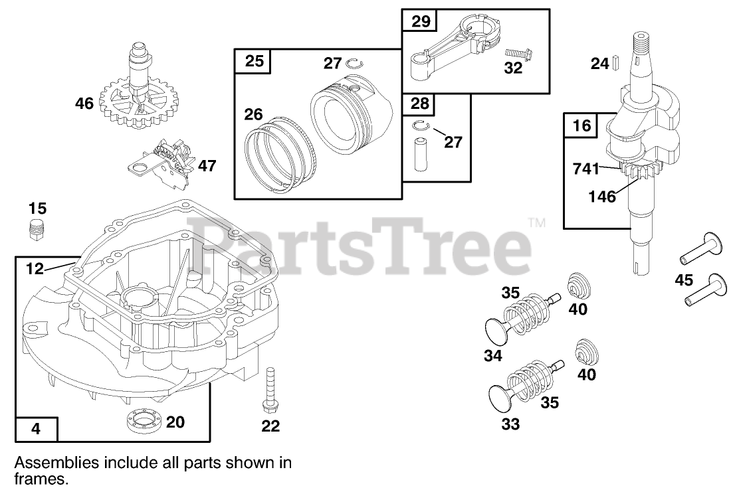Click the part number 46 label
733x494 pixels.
pos(84,103)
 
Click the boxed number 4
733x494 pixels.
pos(36,429)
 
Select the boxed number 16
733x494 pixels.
pos(581,125)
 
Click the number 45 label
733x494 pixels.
pos(683,280)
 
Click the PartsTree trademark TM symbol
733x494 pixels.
pos(537,222)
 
